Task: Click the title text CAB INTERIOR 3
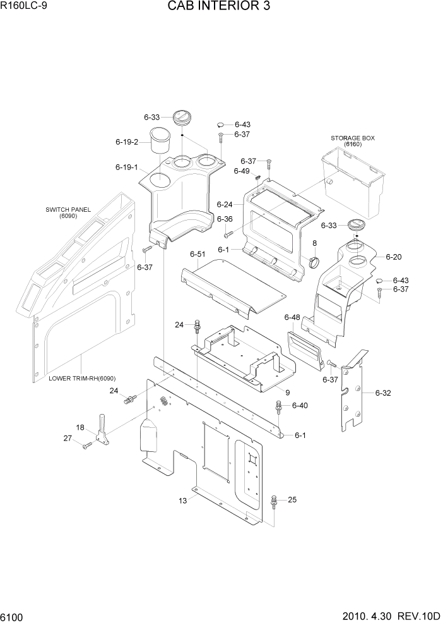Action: coord(221,8)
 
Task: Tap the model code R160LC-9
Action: coord(24,8)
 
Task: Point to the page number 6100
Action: coord(13,616)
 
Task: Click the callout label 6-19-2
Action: coord(127,142)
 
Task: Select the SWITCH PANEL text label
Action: coord(68,210)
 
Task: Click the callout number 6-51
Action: coord(198,254)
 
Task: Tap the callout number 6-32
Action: coord(384,393)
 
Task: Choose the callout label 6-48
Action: coord(292,317)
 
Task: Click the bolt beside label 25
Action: coord(274,502)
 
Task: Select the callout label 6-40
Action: coord(300,405)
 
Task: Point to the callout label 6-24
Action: coord(225,205)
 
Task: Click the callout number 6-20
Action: coord(393,257)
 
